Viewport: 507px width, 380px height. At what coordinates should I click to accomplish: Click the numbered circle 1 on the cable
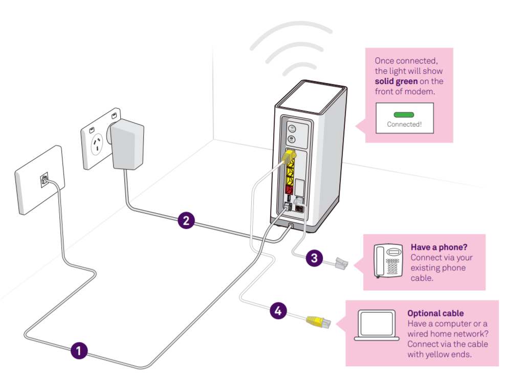[x=79, y=351]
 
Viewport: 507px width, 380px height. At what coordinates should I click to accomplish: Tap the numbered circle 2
[x=186, y=220]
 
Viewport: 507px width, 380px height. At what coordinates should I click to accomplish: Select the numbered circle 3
[x=314, y=258]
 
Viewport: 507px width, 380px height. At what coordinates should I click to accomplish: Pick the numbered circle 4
[x=278, y=310]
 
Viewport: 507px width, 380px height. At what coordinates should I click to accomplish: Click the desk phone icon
[x=388, y=261]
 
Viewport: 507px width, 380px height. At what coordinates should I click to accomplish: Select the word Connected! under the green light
[x=404, y=124]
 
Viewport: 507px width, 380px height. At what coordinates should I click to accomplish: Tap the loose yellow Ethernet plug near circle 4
[x=318, y=322]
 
